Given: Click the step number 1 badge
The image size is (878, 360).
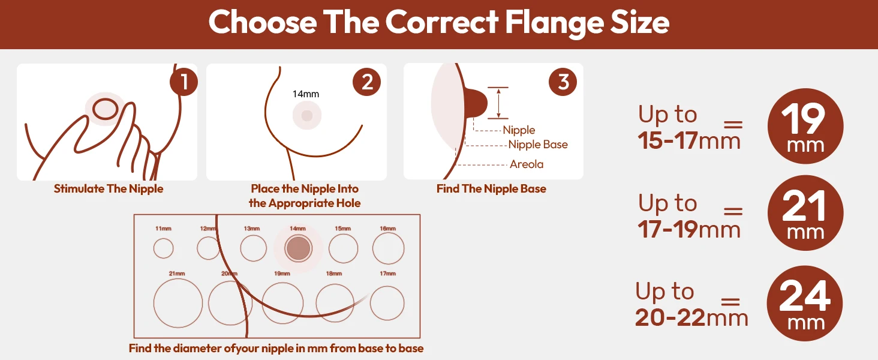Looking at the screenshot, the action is tap(184, 82).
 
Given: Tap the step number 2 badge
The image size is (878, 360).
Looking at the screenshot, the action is tap(366, 82).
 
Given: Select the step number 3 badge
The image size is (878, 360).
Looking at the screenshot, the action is tap(563, 82).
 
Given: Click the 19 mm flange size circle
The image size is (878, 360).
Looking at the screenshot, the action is tap(805, 126).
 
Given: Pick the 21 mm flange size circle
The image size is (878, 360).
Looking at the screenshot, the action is tap(805, 213).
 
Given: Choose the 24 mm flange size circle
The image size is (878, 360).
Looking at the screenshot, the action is tap(805, 304).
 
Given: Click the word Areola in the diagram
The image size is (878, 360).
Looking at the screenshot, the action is tap(527, 164).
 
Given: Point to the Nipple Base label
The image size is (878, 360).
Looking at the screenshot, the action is tap(538, 145).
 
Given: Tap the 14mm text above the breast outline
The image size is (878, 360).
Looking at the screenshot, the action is tap(306, 94).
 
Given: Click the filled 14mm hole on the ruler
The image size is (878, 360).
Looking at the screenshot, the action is tap(298, 248).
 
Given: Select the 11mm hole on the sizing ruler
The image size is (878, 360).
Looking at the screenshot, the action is tap(164, 248).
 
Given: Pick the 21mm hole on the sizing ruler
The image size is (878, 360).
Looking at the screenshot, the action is tap(178, 303).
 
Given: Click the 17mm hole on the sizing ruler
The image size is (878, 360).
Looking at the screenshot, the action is tap(387, 303).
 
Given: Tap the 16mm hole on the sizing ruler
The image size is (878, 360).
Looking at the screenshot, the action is tap(388, 248).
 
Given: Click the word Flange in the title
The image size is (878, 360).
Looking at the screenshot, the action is tap(554, 23).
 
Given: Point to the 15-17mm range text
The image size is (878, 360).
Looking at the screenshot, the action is tap(689, 140).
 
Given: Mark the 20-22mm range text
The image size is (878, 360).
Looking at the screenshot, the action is tap(692, 317).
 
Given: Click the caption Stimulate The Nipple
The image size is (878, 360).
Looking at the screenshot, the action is tap(109, 188).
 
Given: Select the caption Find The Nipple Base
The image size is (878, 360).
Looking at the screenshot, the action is tap(492, 188).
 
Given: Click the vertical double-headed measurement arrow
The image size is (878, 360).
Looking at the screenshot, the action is tap(498, 103).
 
